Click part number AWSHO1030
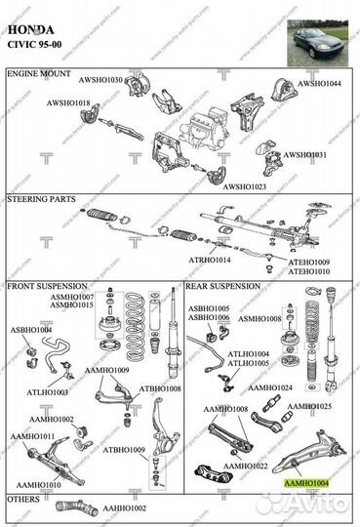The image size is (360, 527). (x=101, y=80)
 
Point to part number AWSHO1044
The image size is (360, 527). (x=320, y=84)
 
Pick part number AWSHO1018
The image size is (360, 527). (x=67, y=102)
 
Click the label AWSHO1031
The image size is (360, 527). (x=304, y=155)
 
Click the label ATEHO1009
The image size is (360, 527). (x=308, y=263)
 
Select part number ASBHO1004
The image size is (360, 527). (x=32, y=330)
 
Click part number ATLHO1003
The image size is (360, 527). (x=47, y=391)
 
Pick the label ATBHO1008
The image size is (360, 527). (x=160, y=388)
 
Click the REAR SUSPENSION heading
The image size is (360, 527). (x=223, y=287)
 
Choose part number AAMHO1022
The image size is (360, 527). (x=246, y=466)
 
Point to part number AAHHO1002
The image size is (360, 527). (x=124, y=508)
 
